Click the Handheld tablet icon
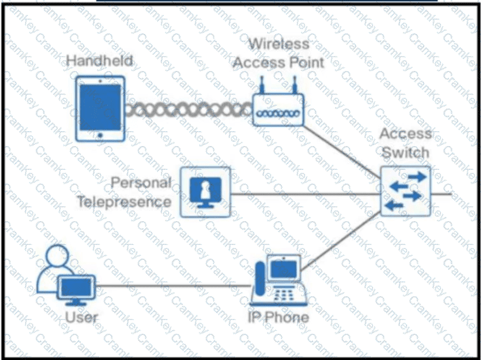pos(100,109)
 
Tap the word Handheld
pos(100,60)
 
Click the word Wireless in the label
pos(278,44)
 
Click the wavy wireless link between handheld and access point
pos(189,110)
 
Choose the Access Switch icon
pos(405,191)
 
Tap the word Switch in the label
pos(405,153)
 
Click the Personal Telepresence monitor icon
pos(206,193)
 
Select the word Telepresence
pos(124,202)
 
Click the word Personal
pos(141,183)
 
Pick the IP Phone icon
pos(278,280)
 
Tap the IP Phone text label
pos(278,317)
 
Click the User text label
pos(81,317)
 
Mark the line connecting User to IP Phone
pos(173,286)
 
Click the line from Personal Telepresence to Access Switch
pos(306,194)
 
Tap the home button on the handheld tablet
pos(100,135)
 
